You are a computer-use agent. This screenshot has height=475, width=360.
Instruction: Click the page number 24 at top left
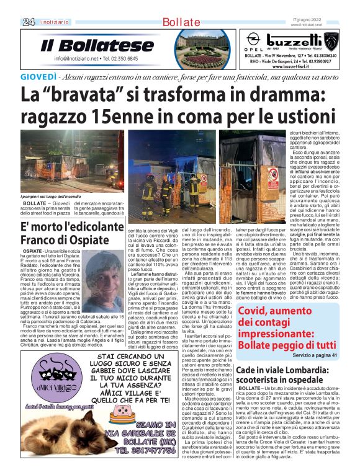tap(28, 22)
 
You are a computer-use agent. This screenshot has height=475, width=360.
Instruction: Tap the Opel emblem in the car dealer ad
tap(254, 40)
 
